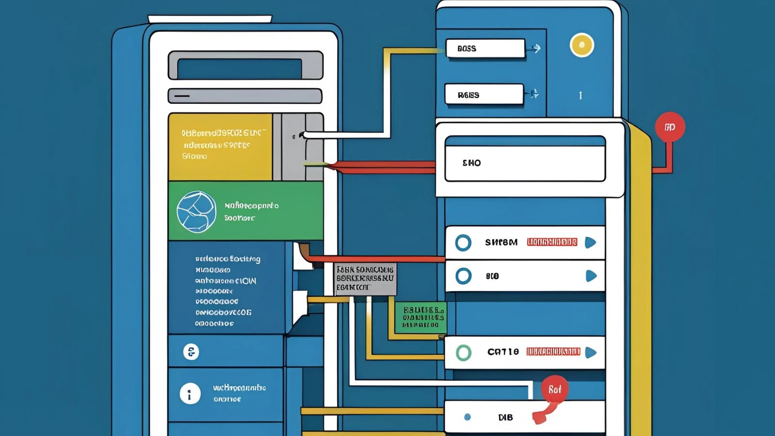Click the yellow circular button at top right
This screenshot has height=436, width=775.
[582, 45]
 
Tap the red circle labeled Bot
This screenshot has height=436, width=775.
[555, 389]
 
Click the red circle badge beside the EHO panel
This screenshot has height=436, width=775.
[670, 127]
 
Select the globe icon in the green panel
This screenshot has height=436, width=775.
[196, 212]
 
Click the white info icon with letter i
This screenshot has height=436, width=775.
[190, 394]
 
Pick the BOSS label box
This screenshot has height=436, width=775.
[485, 48]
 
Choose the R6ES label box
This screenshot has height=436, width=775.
[484, 94]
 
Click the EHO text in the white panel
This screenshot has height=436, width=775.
[472, 163]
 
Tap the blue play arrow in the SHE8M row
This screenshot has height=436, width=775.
[590, 242]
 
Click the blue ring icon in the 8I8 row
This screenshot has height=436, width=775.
[464, 276]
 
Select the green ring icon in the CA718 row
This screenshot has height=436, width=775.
[464, 353]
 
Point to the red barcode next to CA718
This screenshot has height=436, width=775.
[553, 352]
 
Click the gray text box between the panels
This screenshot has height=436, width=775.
[366, 279]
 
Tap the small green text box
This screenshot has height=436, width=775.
[421, 318]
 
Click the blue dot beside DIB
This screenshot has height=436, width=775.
[467, 417]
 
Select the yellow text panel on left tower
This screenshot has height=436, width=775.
[220, 147]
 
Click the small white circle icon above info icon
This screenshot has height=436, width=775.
[191, 352]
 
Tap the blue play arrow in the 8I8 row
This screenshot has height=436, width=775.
[591, 276]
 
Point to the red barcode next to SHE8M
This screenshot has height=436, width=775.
[552, 242]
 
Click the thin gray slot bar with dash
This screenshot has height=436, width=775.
[245, 96]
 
